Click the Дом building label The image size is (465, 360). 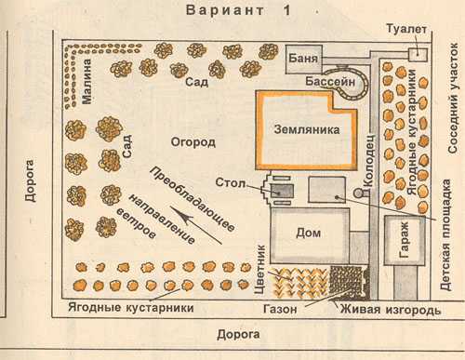pos(307,232)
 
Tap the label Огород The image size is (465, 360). pos(194,142)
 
